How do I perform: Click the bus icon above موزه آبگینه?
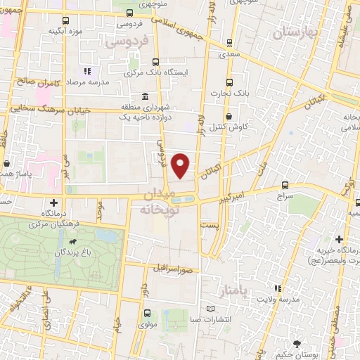(x=66, y=20)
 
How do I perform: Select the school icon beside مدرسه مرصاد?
(x=88, y=71)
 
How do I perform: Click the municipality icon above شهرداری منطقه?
(x=145, y=96)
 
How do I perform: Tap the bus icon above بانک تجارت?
(x=229, y=82)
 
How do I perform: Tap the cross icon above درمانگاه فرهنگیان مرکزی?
(x=53, y=202)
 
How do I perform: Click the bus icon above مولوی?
(x=146, y=314)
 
